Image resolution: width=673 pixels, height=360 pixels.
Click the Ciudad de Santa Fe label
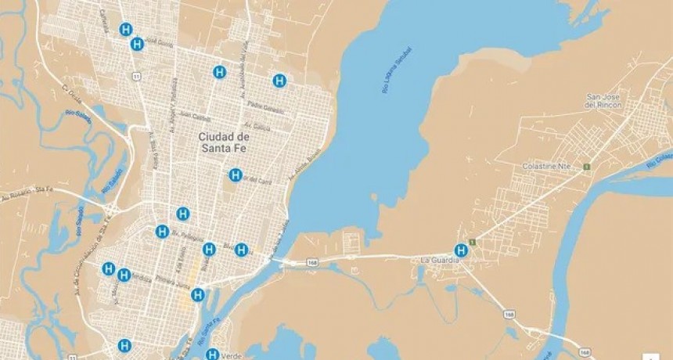coord(224,142)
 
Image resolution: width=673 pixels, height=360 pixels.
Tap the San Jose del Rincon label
coord(603,101)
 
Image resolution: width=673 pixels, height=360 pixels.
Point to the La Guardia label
coord(437,260)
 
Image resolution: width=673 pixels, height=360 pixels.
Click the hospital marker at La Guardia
coord(462,250)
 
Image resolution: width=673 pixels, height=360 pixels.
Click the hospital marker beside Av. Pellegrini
coord(162,232)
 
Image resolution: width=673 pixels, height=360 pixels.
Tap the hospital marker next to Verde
coord(212,355)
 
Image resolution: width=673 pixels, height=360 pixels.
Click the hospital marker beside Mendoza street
coord(124,275)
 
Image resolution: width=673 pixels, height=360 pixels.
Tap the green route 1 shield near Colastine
coord(586,167)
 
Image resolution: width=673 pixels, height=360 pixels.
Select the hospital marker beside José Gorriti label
coord(137,44)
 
